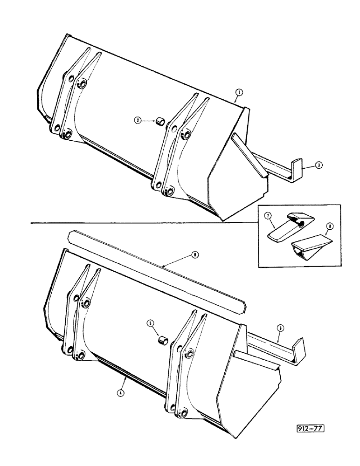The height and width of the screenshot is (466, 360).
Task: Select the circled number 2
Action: coord(138,120)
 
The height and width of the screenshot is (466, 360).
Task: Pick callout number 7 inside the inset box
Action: coord(268,216)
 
